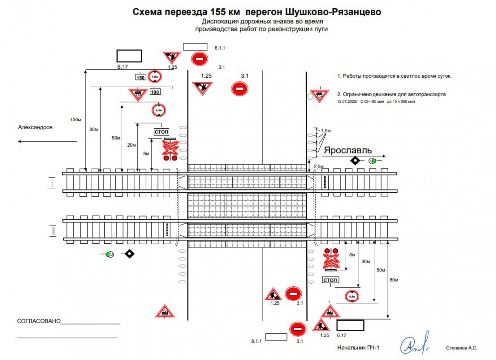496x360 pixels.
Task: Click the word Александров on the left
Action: (x=35, y=127)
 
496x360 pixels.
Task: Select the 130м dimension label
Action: (x=75, y=120)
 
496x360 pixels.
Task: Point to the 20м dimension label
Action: (x=131, y=145)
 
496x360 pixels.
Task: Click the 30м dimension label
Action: (x=366, y=261)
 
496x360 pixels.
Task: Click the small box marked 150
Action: (x=140, y=78)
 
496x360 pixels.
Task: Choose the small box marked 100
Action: (x=155, y=92)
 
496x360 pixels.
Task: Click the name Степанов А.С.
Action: (x=462, y=348)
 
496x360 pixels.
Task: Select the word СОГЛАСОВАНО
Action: (x=38, y=321)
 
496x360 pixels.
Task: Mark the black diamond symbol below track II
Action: (x=129, y=254)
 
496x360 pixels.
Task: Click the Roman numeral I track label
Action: (x=51, y=182)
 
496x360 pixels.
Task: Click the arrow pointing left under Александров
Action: (x=47, y=141)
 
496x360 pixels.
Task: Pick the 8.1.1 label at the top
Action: (x=220, y=48)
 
